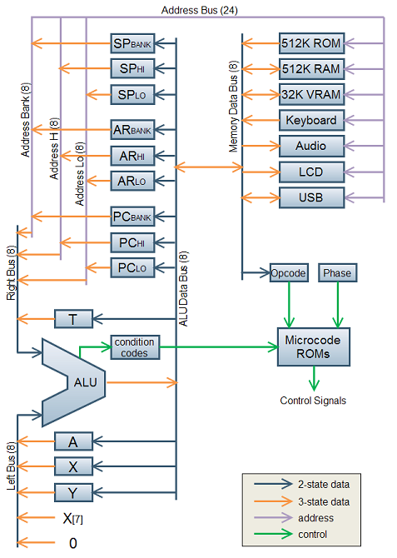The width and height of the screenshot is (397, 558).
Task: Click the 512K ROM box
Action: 311,43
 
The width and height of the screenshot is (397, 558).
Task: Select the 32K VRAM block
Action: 311,95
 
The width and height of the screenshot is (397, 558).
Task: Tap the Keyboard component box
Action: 311,120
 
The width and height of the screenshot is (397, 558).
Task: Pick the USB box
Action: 311,197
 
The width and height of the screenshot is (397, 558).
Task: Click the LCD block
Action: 311,172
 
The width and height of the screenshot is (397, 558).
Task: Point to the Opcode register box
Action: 289,273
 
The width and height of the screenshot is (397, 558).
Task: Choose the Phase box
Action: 337,273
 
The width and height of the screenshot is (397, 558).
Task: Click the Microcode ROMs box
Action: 314,347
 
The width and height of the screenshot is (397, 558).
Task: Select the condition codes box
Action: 135,347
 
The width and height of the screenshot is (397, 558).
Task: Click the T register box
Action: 73,319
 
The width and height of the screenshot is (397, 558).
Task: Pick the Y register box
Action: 73,493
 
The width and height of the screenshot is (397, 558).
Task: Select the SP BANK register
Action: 132,44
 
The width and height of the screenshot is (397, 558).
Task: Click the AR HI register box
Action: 132,156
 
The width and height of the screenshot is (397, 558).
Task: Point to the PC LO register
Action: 132,267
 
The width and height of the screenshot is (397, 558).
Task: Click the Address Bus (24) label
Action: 199,10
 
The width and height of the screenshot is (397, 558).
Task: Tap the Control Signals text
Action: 313,401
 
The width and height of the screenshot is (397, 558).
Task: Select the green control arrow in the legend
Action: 273,534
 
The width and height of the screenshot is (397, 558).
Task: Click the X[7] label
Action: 73,519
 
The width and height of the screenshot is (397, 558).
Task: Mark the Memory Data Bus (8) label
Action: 233,107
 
